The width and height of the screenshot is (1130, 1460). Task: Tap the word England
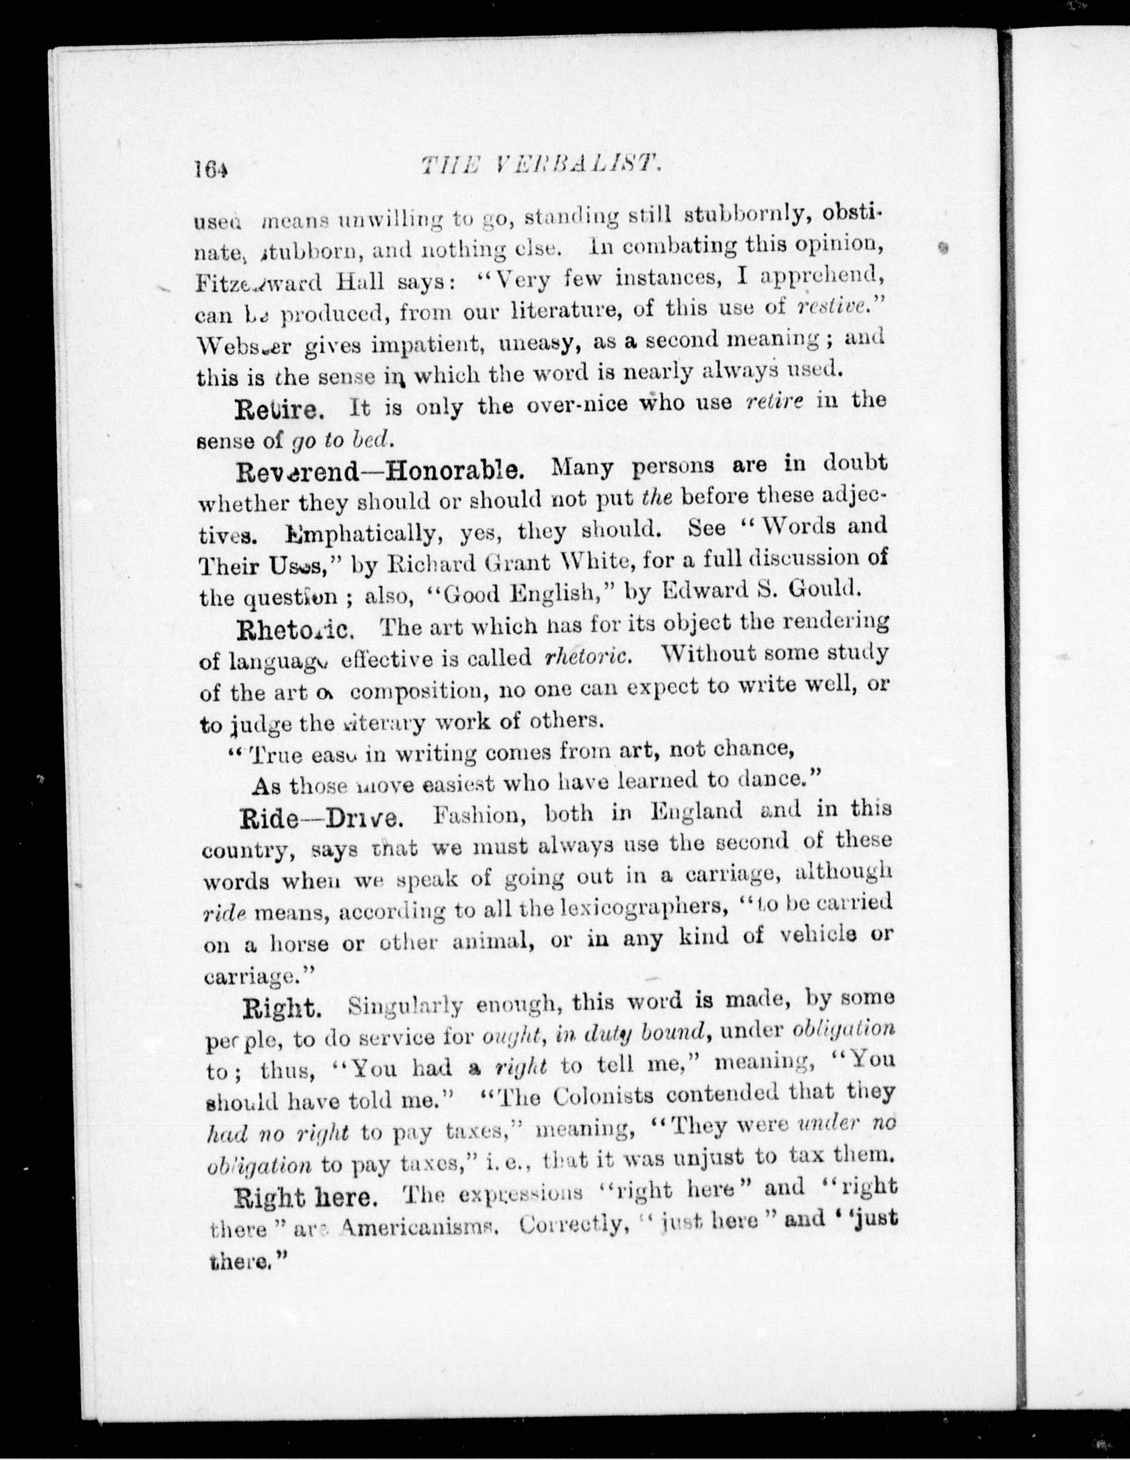tap(695, 812)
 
